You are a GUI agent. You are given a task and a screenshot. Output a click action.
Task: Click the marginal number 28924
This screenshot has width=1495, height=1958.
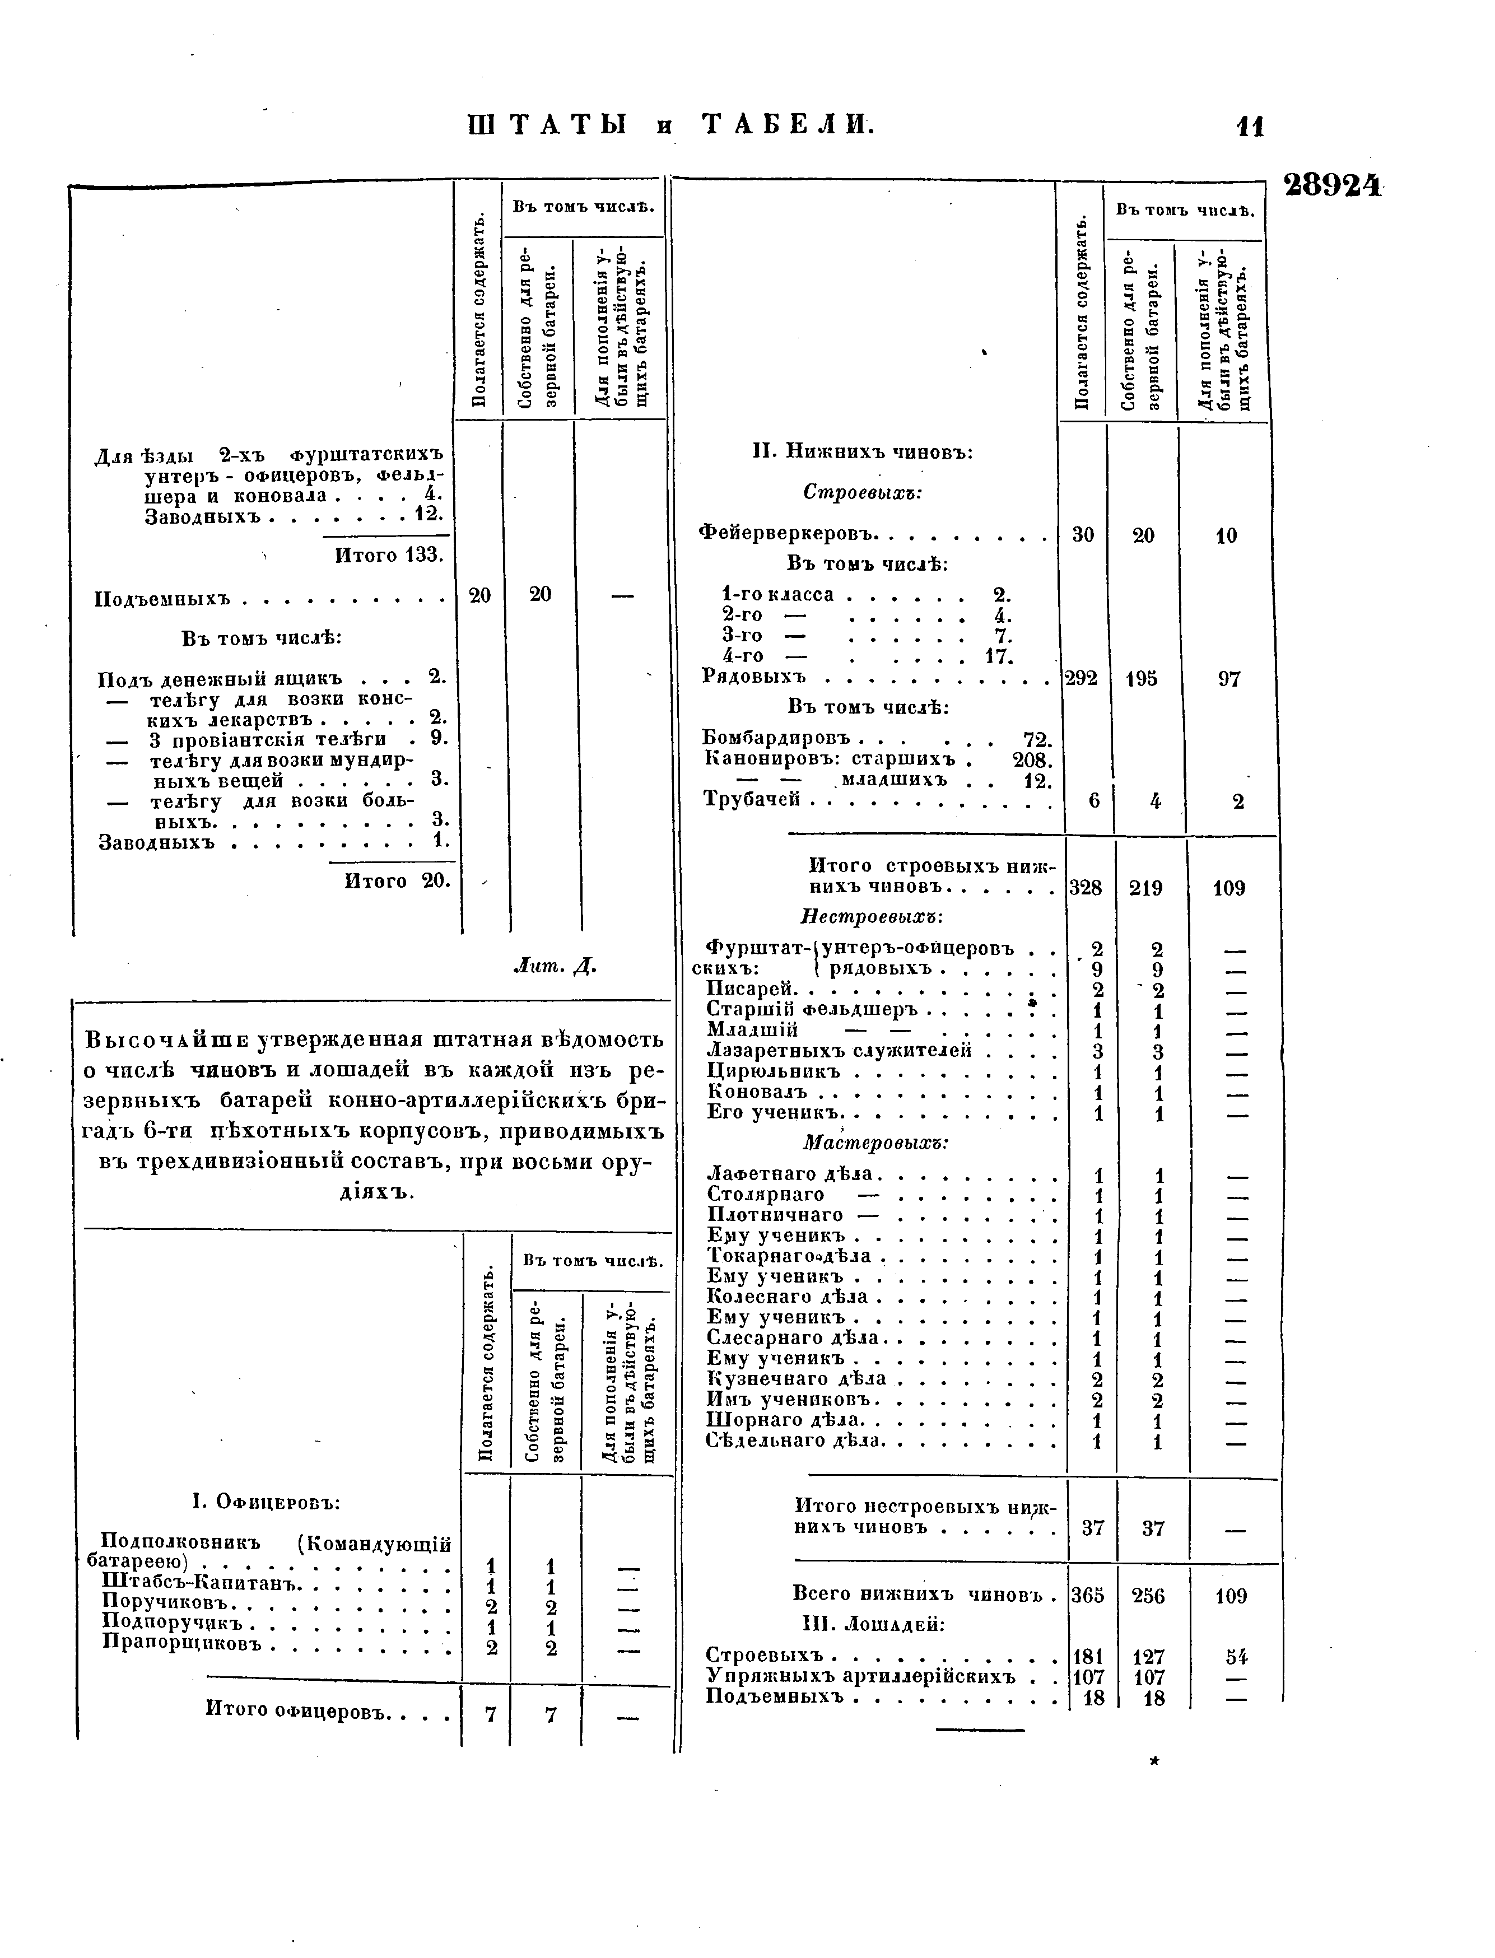click(1332, 185)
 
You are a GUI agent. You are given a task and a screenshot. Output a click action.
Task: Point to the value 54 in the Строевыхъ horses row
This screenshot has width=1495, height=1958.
click(1235, 1657)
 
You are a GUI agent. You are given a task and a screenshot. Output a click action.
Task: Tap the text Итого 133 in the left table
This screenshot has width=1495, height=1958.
click(389, 555)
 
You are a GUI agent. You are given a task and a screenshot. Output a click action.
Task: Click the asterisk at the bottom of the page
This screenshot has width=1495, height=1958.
click(1154, 1760)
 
